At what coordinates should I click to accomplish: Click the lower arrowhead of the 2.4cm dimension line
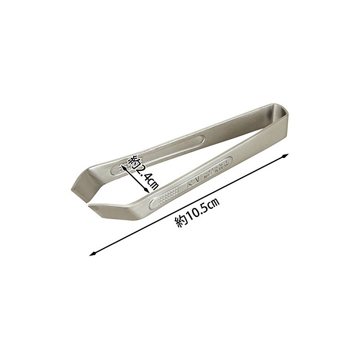point(147,193)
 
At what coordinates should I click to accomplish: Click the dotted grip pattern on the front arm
point(169,197)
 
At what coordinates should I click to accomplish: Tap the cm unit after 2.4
point(152,183)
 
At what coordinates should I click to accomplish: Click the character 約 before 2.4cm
point(134,161)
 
